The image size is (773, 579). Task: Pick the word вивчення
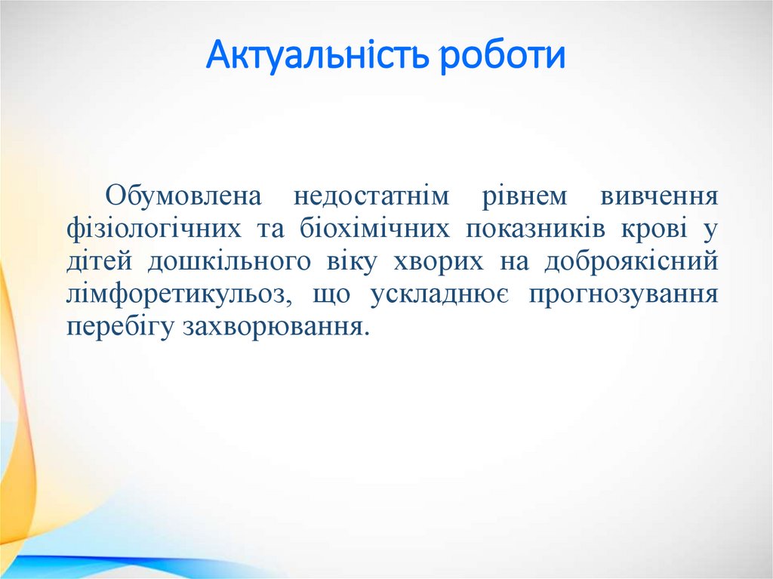tap(659, 196)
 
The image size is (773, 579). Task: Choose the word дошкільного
tap(229, 261)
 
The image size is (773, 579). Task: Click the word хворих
tap(439, 261)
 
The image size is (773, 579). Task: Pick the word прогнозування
tap(623, 294)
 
